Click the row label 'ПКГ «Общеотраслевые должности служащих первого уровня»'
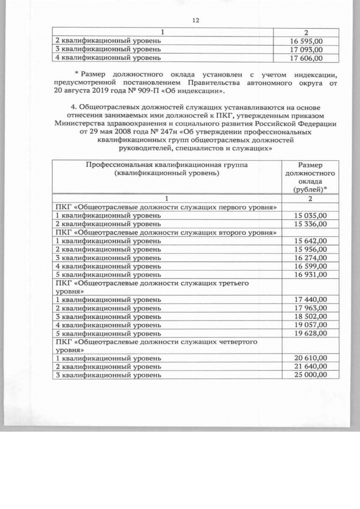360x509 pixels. click(165, 207)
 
